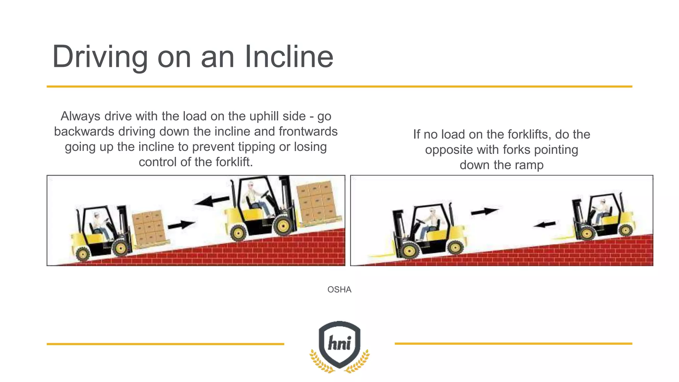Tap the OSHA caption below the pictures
click(x=339, y=289)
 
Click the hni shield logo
click(x=339, y=345)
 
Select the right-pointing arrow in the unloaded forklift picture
click(x=484, y=212)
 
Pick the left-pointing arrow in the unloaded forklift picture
click(x=544, y=224)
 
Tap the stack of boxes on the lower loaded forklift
click(x=149, y=227)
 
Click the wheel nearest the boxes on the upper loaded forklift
click(x=283, y=226)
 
